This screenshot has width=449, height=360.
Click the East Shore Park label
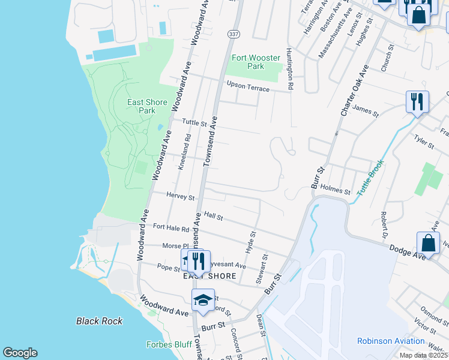click(142, 106)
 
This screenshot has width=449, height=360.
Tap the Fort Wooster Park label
click(256, 62)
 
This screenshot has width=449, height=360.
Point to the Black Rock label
click(99, 321)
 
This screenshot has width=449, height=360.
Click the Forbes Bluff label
click(169, 344)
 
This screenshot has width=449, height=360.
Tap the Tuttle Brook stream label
click(370, 177)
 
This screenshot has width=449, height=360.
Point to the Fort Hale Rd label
click(171, 227)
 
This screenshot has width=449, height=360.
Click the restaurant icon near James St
click(417, 101)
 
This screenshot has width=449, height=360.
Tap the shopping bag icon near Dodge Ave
click(429, 242)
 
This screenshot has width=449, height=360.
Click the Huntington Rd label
click(289, 69)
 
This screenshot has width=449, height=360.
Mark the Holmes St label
click(336, 190)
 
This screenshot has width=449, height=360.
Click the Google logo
click(20, 353)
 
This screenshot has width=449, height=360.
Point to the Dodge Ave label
click(407, 251)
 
